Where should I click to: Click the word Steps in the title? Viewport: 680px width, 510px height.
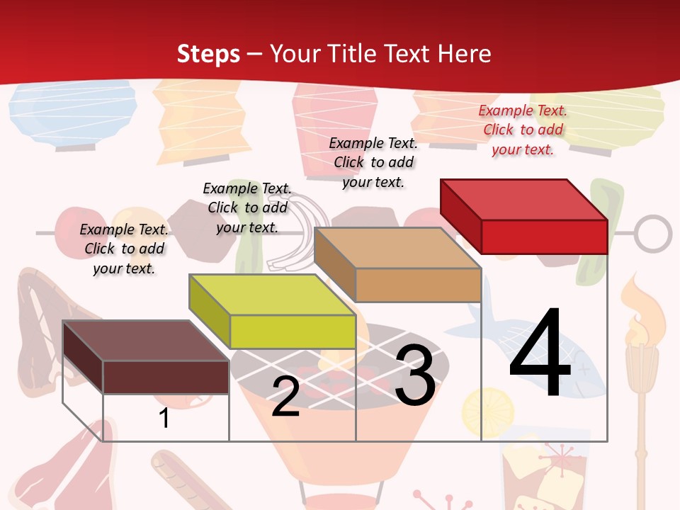click(208, 54)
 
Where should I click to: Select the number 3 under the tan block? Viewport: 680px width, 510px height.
click(415, 375)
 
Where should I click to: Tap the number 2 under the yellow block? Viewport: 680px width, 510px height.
click(285, 397)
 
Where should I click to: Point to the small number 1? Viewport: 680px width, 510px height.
click(164, 418)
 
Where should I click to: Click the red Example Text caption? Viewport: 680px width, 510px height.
click(523, 130)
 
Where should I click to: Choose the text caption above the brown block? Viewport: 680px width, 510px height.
click(124, 249)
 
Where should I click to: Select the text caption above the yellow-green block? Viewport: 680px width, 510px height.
click(247, 208)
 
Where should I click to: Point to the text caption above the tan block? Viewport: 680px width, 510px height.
click(373, 162)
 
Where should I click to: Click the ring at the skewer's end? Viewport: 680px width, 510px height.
click(652, 234)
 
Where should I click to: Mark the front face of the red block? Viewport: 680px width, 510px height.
click(544, 237)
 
